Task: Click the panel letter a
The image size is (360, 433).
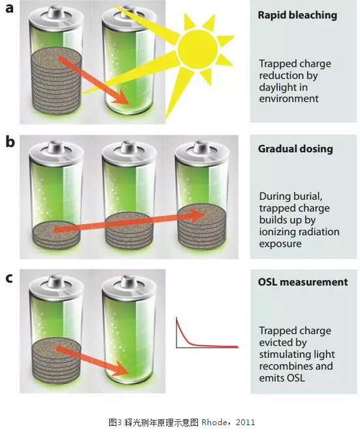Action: click(9, 8)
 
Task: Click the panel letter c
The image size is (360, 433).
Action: click(9, 278)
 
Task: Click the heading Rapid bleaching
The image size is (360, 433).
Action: click(297, 15)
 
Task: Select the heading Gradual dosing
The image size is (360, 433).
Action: click(295, 148)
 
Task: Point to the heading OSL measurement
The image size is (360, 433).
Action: click(303, 282)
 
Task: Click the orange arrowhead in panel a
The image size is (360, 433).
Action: click(122, 99)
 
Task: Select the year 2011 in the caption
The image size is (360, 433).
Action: click(246, 423)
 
